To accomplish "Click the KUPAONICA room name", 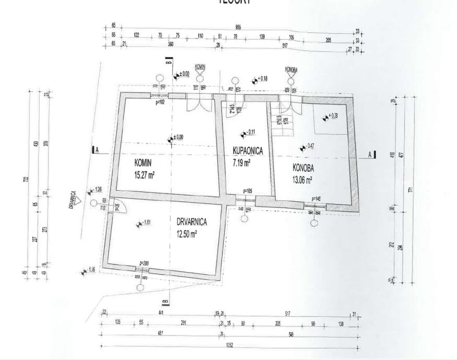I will click(248, 151).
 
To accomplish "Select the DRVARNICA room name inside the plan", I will click(192, 222).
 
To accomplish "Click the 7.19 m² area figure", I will click(242, 162).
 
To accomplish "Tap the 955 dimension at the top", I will click(238, 26).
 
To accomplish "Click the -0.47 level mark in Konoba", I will click(308, 146).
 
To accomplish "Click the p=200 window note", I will click(145, 263).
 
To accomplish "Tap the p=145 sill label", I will click(317, 199).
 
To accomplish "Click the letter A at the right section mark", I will click(370, 154).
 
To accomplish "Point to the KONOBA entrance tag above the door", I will click(291, 69).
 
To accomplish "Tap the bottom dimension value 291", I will click(183, 323).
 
